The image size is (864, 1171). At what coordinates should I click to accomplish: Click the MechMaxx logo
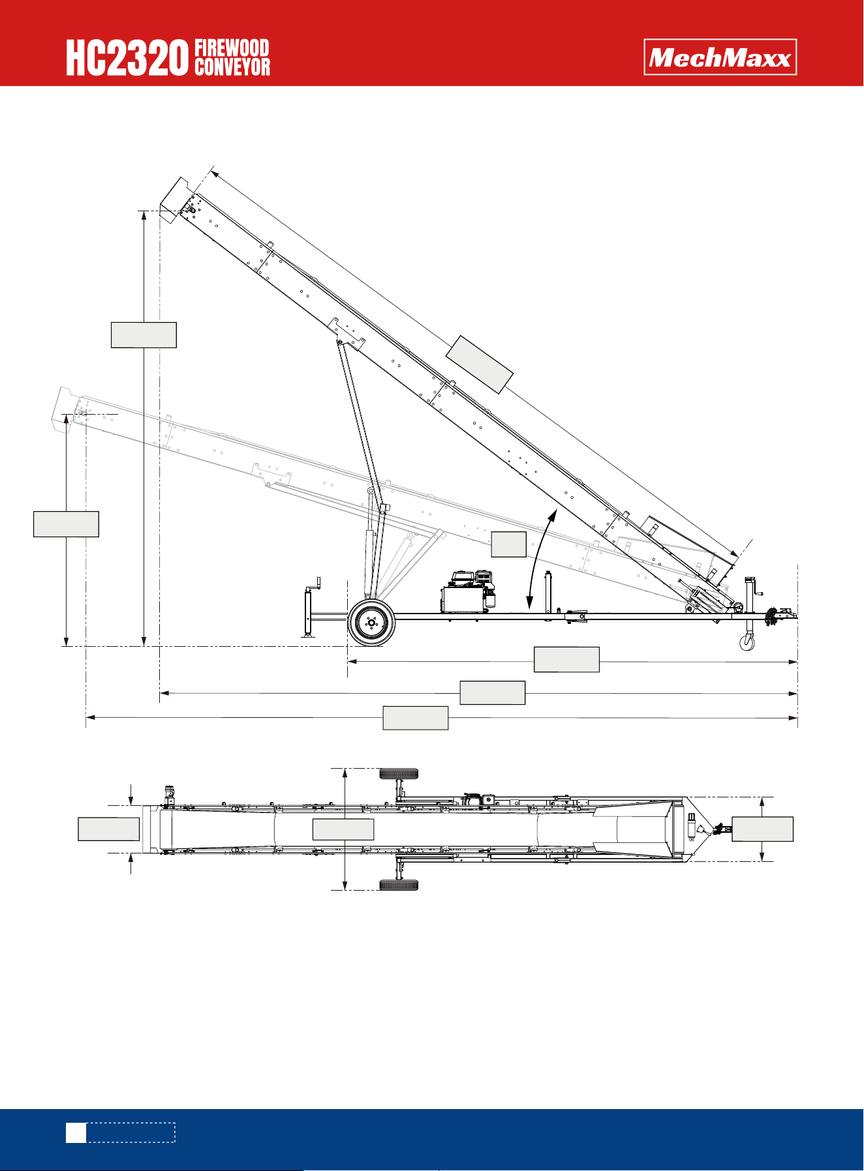(x=720, y=57)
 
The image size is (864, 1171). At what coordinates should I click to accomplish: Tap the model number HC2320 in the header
(x=127, y=58)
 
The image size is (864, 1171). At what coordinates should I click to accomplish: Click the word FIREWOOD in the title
(x=232, y=48)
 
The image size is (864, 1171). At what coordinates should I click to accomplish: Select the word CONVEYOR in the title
(x=232, y=67)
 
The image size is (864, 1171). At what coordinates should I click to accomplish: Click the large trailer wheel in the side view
(x=371, y=623)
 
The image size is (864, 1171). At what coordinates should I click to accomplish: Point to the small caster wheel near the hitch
(x=747, y=643)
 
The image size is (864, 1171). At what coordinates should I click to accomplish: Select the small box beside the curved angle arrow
(x=508, y=544)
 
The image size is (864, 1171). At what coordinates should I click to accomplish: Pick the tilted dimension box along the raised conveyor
(x=480, y=364)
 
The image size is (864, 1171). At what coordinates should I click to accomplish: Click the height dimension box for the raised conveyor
(x=144, y=334)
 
